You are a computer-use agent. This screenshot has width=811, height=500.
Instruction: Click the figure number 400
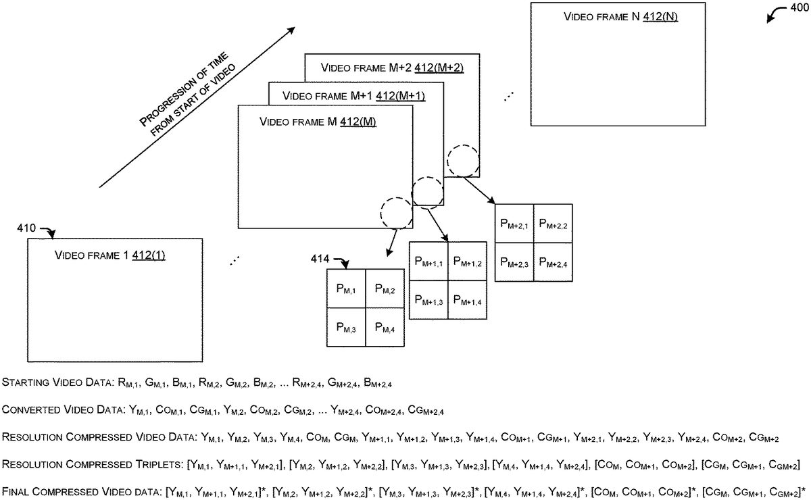click(x=798, y=9)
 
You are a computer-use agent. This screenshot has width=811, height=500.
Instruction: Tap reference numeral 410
click(x=28, y=228)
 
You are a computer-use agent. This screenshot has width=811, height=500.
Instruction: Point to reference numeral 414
click(x=320, y=258)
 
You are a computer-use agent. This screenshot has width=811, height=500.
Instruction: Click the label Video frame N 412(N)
click(x=620, y=16)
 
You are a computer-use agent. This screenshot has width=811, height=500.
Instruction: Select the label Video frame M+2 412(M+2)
click(x=392, y=67)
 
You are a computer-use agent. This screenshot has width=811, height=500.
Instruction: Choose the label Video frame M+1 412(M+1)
click(x=353, y=95)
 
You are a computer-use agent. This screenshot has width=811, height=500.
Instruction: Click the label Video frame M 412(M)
click(x=318, y=122)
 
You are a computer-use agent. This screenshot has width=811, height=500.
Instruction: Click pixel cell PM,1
click(x=346, y=289)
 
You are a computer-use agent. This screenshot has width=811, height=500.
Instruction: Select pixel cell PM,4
click(x=385, y=328)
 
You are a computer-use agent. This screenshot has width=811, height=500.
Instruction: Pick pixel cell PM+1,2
click(x=467, y=261)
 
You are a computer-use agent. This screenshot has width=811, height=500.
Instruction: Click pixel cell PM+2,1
click(x=514, y=223)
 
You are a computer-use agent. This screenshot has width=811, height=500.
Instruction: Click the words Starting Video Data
click(x=53, y=383)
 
